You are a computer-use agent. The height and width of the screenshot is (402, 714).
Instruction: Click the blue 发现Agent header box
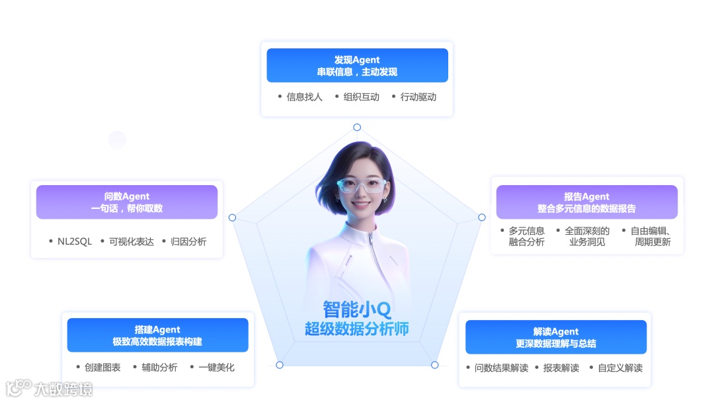click(357, 65)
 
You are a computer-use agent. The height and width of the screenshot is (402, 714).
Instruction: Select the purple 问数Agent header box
click(127, 202)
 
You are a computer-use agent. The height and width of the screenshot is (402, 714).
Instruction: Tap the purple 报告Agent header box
click(586, 202)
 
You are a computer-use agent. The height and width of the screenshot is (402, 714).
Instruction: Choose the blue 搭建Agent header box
click(157, 335)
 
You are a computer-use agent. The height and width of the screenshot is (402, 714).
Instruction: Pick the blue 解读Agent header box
click(556, 337)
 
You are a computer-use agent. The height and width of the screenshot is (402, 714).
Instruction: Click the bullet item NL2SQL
click(75, 242)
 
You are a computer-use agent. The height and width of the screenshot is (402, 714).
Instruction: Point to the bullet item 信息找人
click(304, 97)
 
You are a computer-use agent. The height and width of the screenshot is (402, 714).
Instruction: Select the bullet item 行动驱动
click(418, 97)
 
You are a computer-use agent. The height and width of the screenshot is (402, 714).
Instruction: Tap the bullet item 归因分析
click(188, 242)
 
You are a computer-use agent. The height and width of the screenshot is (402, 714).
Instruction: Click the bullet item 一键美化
click(216, 368)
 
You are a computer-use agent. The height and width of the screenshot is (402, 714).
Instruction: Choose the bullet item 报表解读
click(561, 368)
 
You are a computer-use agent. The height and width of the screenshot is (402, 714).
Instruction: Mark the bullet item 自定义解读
click(620, 368)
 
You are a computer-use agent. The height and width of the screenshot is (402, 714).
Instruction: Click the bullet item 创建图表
click(102, 368)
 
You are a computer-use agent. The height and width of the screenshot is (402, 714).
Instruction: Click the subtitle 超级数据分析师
click(356, 329)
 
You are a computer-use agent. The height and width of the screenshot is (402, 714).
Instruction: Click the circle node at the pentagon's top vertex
click(357, 127)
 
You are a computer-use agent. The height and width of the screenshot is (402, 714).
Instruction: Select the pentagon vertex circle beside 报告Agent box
click(482, 217)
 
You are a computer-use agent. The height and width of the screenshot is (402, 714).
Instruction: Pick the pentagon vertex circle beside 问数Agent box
click(232, 218)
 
